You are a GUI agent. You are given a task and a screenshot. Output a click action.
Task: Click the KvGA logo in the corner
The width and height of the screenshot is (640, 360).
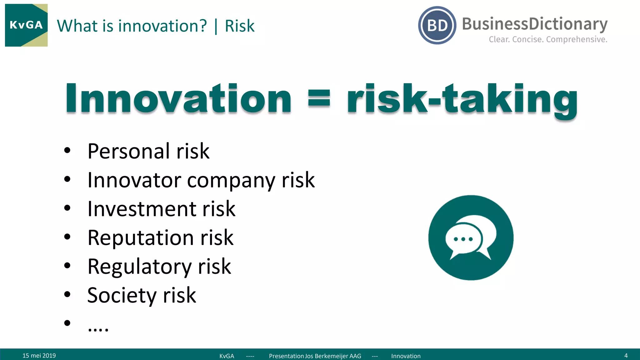point(26,25)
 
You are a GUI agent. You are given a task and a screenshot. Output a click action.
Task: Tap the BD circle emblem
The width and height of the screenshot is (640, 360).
point(437,25)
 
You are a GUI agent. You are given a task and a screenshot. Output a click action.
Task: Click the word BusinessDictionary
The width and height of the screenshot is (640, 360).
point(534,24)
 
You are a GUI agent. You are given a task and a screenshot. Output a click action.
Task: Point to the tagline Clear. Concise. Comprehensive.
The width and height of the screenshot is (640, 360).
point(548,39)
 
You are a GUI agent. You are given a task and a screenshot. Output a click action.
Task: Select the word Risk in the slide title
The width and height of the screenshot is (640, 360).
point(239,26)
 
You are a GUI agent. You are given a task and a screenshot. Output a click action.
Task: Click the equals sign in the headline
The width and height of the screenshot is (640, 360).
point(319,98)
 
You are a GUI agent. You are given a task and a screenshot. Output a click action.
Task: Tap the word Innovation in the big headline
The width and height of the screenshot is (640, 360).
point(178,98)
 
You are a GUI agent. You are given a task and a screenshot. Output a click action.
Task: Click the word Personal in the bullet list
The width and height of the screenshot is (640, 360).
point(129,151)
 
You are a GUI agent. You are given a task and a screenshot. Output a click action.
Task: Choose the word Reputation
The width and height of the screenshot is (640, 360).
point(141,238)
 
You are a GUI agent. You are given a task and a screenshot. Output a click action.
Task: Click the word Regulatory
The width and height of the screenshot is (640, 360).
point(139,267)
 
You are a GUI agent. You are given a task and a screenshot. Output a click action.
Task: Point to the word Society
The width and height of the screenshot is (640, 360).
point(122,296)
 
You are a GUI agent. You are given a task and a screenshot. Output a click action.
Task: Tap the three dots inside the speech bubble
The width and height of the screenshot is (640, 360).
point(463,239)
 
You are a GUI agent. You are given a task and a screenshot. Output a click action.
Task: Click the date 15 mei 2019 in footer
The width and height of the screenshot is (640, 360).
point(39,356)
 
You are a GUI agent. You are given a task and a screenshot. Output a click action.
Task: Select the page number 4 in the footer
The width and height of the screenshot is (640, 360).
point(626,356)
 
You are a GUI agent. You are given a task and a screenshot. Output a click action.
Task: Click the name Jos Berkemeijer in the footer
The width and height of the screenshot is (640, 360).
point(326,356)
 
